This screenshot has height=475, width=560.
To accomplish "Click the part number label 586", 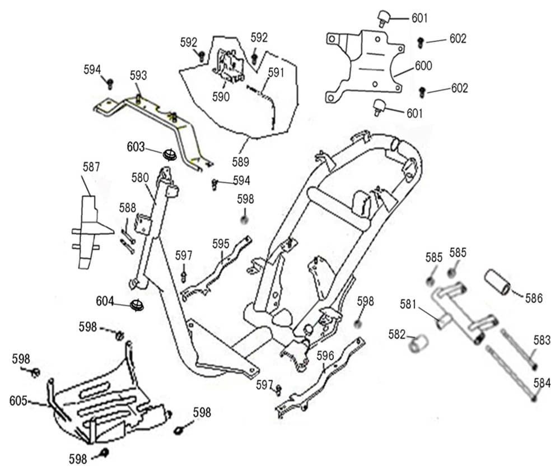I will (534, 299).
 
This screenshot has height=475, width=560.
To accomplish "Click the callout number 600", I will (423, 66).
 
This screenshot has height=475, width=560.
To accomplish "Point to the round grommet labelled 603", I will (170, 153).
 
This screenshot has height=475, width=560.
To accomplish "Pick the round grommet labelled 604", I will (137, 306).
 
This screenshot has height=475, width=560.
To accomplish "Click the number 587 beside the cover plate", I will (91, 166).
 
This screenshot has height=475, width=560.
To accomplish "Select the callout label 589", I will (240, 162).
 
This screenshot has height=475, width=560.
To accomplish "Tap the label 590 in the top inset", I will (221, 96).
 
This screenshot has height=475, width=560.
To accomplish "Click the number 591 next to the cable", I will (276, 72).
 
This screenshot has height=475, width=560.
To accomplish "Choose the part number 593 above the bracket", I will (138, 75).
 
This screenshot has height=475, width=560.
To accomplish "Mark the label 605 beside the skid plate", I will (18, 401).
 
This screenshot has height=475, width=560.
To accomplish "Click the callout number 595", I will (221, 243).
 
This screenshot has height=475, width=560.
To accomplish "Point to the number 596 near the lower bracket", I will (325, 356).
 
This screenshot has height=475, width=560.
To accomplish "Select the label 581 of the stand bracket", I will (409, 305).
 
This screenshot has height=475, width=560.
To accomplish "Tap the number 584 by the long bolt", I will (542, 383).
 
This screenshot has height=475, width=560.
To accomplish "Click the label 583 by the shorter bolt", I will (542, 340).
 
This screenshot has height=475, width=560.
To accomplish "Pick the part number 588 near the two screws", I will (128, 208).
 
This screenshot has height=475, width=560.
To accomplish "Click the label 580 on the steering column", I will (140, 178).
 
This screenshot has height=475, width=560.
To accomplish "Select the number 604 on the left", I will (105, 301).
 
